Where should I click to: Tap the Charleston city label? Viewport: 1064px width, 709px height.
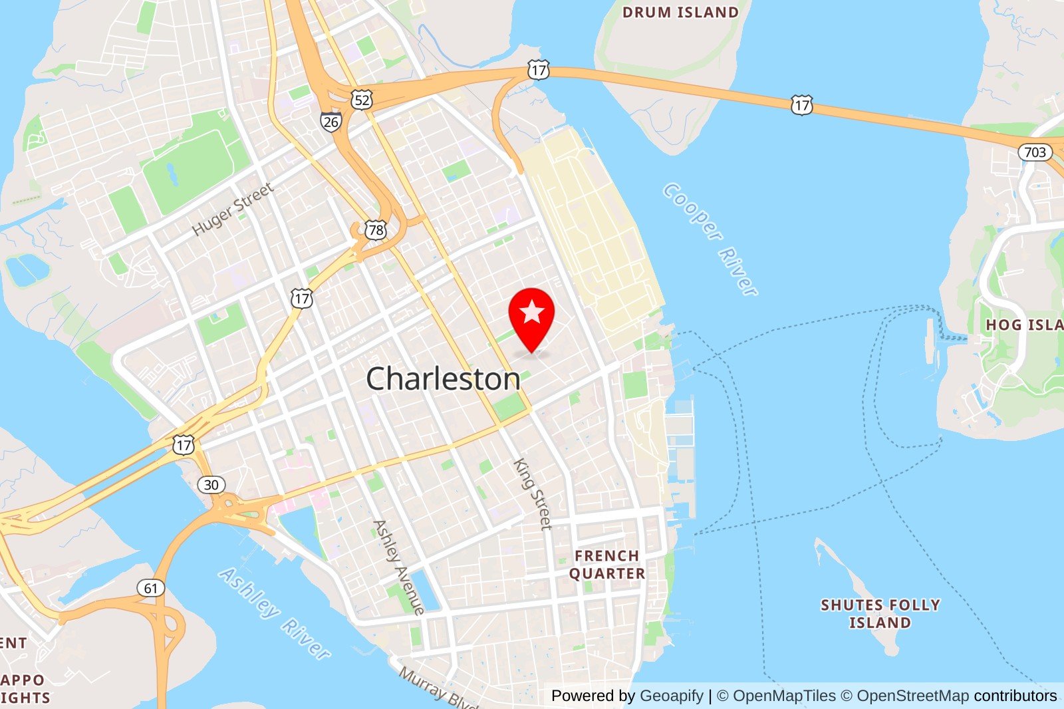pyautogui.click(x=444, y=379)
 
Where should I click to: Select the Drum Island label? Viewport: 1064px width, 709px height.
pyautogui.click(x=680, y=12)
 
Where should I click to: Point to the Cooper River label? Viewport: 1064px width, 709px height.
pyautogui.click(x=711, y=238)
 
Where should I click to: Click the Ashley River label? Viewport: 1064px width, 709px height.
pyautogui.click(x=275, y=613)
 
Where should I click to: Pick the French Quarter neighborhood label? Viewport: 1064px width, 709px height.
pyautogui.click(x=606, y=565)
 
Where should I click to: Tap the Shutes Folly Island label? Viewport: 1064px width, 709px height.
pyautogui.click(x=880, y=614)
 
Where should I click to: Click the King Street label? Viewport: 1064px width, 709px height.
pyautogui.click(x=533, y=494)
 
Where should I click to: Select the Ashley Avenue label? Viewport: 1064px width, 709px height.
pyautogui.click(x=399, y=567)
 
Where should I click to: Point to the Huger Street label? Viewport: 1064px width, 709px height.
pyautogui.click(x=233, y=209)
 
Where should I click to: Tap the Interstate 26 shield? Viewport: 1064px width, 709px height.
pyautogui.click(x=331, y=122)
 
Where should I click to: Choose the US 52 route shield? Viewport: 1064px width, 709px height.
pyautogui.click(x=362, y=100)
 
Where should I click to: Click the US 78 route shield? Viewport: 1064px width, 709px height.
pyautogui.click(x=376, y=230)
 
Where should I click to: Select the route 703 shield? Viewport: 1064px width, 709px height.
pyautogui.click(x=1035, y=152)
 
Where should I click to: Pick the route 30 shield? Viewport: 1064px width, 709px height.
pyautogui.click(x=211, y=484)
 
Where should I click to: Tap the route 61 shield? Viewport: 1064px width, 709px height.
pyautogui.click(x=151, y=588)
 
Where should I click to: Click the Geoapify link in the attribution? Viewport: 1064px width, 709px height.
pyautogui.click(x=671, y=696)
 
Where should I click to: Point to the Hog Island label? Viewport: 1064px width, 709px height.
pyautogui.click(x=1024, y=325)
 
